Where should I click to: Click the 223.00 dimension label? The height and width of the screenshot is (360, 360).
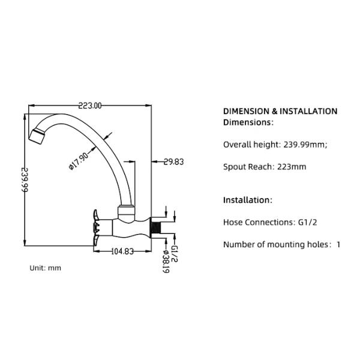coord(90,106)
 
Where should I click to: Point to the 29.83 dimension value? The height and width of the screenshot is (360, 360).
coord(173,161)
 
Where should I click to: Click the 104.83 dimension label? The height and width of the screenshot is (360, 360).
coord(122,251)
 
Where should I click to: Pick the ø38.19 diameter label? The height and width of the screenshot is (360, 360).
coord(165,262)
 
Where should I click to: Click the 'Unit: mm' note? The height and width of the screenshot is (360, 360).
coord(46,268)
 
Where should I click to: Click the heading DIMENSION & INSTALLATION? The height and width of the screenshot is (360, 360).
coord(280,111)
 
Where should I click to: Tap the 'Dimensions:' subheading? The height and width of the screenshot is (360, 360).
coord(248,122)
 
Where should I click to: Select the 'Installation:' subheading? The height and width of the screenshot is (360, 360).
coord(248,200)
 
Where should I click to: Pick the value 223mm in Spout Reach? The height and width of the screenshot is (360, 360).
coord(292,166)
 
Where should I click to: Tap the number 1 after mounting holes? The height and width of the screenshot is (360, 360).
coord(338,244)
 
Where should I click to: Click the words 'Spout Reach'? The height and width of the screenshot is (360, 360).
coord(248,166)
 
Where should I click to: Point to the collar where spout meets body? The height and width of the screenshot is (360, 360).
coord(127,210)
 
